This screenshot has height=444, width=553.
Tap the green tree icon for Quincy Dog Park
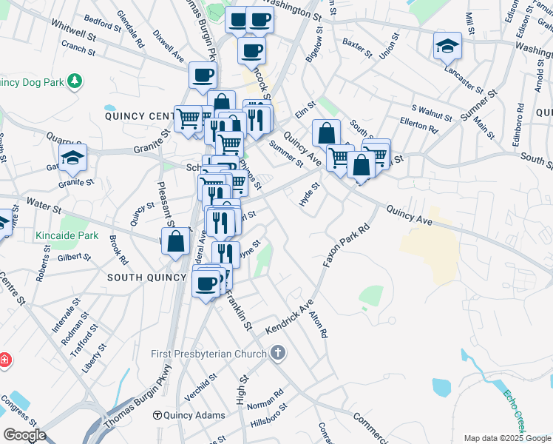74,80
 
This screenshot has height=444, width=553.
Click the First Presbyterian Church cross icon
278,352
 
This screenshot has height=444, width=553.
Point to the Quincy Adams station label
194,415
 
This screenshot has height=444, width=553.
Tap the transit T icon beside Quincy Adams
157,415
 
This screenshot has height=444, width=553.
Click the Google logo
24,435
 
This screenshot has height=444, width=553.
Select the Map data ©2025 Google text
507,438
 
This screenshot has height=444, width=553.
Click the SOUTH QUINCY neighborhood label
146,277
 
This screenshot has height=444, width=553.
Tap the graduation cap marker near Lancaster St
447,47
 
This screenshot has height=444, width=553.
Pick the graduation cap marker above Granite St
72,158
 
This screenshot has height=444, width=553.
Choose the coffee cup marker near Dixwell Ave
203,74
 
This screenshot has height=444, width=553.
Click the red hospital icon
5,360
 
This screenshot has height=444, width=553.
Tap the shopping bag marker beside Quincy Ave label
326,134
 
